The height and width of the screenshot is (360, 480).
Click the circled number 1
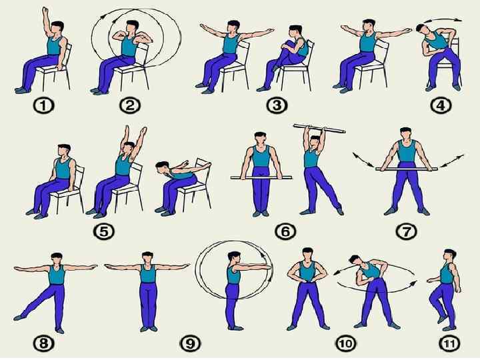(43, 106)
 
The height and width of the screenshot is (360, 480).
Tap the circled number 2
(130, 106)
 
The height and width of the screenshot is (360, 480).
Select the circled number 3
(277, 105)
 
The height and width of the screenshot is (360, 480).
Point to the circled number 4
(441, 106)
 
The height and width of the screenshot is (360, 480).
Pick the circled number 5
(104, 232)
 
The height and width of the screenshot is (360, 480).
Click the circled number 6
(285, 232)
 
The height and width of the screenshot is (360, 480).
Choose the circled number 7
(406, 232)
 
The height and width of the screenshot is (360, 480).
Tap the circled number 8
(43, 343)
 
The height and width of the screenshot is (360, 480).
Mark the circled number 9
(191, 343)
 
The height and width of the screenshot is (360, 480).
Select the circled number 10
(346, 343)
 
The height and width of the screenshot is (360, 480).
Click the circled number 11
(449, 343)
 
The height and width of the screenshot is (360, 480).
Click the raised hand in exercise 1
(45, 11)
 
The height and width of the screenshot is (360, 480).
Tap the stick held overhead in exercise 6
(319, 129)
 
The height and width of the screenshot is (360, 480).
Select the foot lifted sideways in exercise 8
(19, 317)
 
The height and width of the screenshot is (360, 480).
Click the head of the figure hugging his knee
(296, 31)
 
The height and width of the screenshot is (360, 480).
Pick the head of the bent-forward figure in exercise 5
(161, 167)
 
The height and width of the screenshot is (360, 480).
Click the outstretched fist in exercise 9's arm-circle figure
(268, 267)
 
